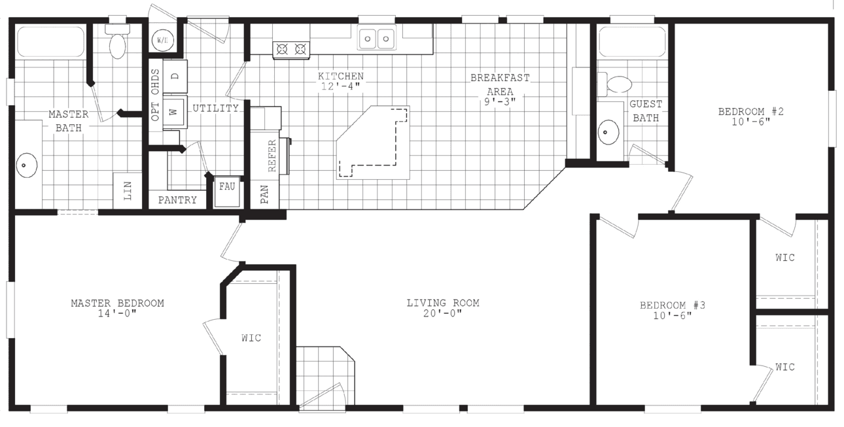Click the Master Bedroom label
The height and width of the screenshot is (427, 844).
[117, 303]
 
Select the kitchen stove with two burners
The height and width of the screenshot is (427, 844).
[291, 48]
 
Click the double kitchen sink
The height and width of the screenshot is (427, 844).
[377, 39]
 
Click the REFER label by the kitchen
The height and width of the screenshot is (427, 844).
[272, 155]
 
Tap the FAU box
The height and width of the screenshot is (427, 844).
[227, 187]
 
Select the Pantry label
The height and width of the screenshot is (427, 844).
[177, 200]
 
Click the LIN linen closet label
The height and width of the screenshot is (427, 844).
[128, 191]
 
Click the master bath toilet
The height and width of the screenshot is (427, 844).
[117, 44]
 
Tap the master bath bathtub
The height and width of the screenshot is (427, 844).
[50, 42]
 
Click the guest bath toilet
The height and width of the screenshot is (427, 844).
[616, 84]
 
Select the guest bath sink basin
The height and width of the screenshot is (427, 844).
[608, 132]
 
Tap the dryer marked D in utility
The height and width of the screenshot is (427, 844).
[175, 77]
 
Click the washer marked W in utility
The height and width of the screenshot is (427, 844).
[174, 112]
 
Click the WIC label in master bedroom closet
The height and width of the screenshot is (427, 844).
[251, 337]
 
